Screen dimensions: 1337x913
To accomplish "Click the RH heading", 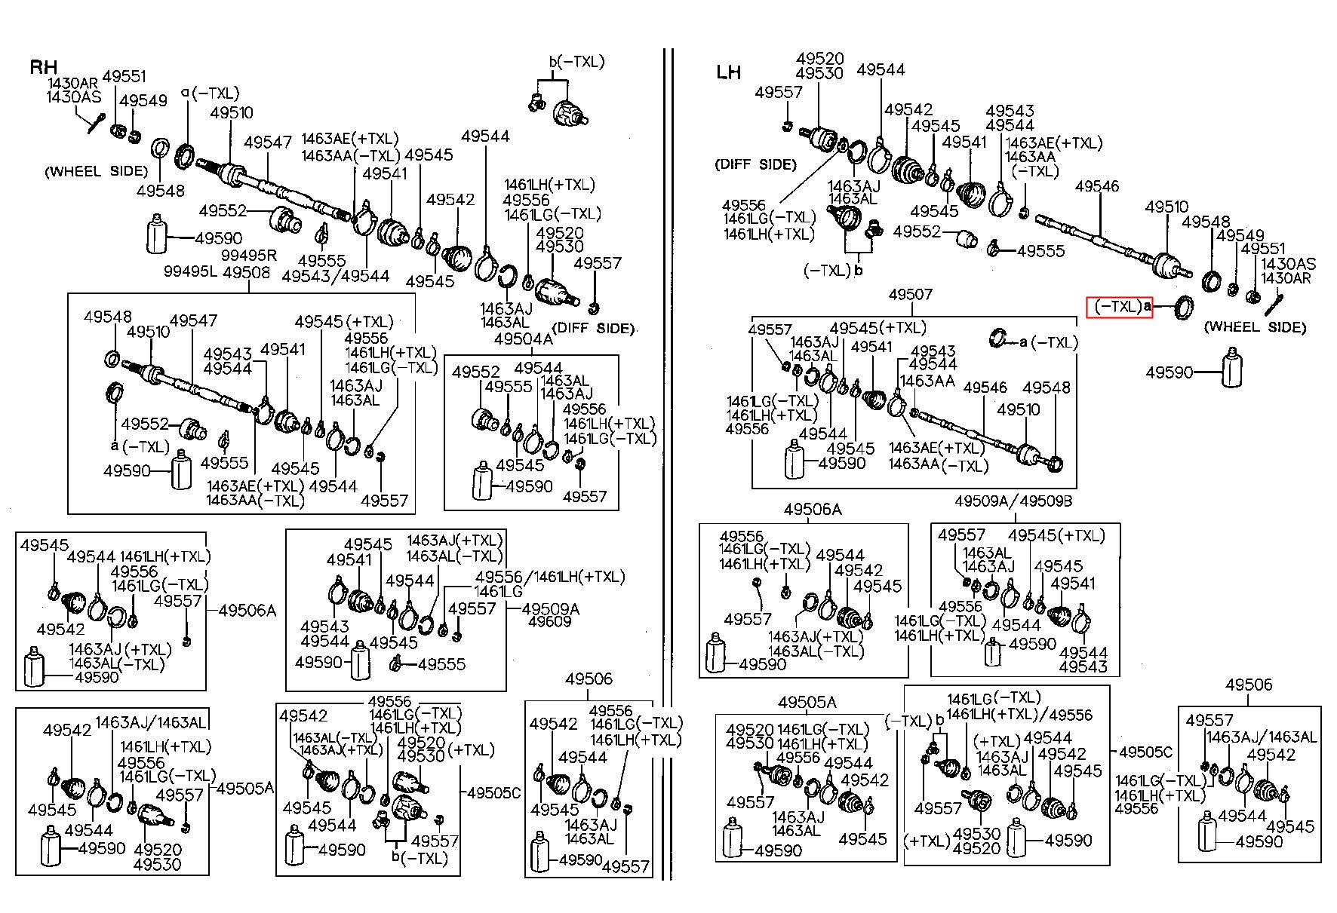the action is [43, 67].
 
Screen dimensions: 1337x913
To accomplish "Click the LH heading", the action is [729, 72].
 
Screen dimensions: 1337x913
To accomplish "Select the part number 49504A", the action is [524, 339].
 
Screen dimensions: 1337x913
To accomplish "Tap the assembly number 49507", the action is [911, 294].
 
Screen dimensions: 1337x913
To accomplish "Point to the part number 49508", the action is [246, 271].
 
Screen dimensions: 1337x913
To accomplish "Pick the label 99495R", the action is [249, 256].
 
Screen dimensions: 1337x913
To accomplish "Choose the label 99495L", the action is [190, 271].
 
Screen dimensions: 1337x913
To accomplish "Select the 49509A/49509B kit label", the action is [1013, 501].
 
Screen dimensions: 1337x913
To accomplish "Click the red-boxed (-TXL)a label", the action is [1120, 307].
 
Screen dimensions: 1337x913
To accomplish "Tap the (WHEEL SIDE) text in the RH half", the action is [97, 171].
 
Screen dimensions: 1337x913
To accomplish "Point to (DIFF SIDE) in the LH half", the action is [755, 164].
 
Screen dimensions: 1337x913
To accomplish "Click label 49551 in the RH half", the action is [124, 77].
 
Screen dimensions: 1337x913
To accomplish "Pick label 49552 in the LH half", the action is [917, 231].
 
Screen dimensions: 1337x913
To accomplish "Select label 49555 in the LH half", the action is [1040, 251].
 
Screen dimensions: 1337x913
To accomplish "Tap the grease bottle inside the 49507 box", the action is [795, 460].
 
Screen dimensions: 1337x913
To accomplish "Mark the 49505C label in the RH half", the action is [494, 792].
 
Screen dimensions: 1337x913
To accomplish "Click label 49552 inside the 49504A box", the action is [476, 372].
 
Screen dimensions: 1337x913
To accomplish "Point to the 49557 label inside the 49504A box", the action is [585, 496].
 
